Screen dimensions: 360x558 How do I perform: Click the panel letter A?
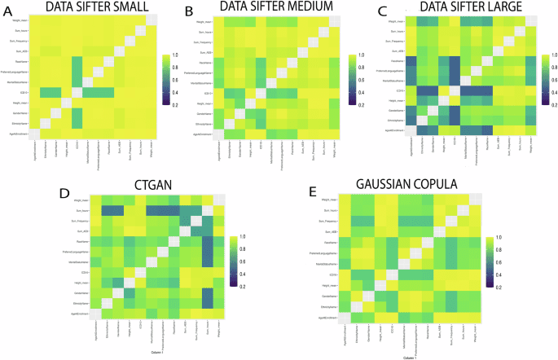[7, 10]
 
